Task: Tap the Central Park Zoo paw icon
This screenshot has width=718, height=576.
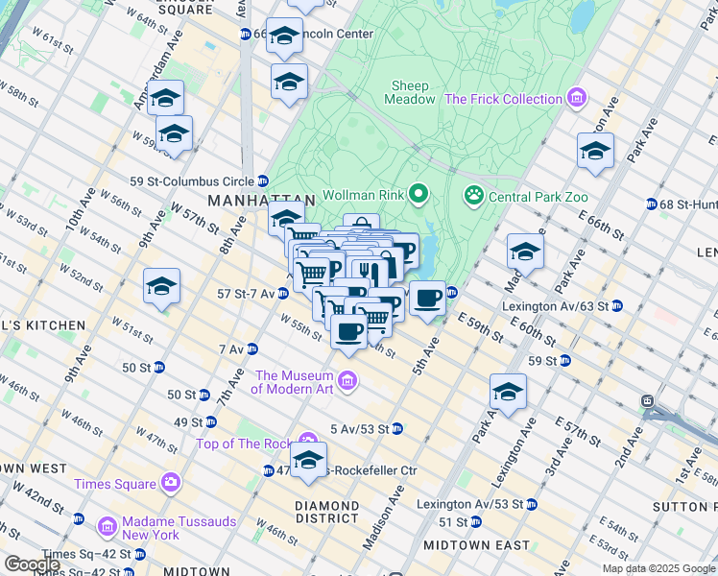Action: [473, 197]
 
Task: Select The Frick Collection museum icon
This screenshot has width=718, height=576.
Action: [576, 99]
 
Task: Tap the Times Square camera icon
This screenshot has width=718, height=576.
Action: [170, 481]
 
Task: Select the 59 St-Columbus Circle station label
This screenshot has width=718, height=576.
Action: [192, 181]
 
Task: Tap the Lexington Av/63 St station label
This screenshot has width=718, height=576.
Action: [555, 307]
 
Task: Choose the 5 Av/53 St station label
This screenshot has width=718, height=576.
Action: [359, 429]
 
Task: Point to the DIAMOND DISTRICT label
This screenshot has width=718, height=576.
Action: [327, 514]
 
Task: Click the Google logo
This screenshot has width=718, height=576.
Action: [32, 564]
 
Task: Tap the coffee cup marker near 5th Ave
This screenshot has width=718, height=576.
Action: [427, 299]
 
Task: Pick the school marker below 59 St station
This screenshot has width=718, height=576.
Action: [508, 391]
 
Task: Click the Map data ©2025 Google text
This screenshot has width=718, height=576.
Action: [658, 568]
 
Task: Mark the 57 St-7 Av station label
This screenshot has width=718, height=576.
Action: [248, 293]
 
